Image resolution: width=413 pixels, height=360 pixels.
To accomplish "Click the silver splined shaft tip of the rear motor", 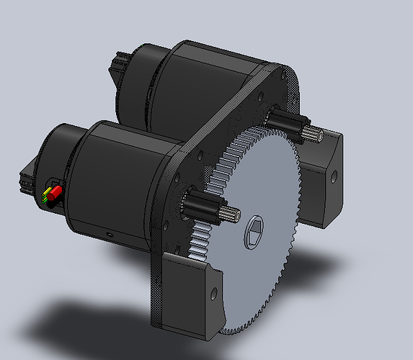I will (x=313, y=132).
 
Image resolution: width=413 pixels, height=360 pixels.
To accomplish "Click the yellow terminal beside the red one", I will (x=48, y=192).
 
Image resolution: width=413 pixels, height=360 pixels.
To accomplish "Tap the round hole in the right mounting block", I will (x=335, y=175).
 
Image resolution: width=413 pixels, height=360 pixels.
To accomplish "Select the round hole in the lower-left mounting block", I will (x=213, y=293).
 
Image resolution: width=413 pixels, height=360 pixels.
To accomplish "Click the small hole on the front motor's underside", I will (x=108, y=233).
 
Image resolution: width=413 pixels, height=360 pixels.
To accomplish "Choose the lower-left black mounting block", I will (x=191, y=295).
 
